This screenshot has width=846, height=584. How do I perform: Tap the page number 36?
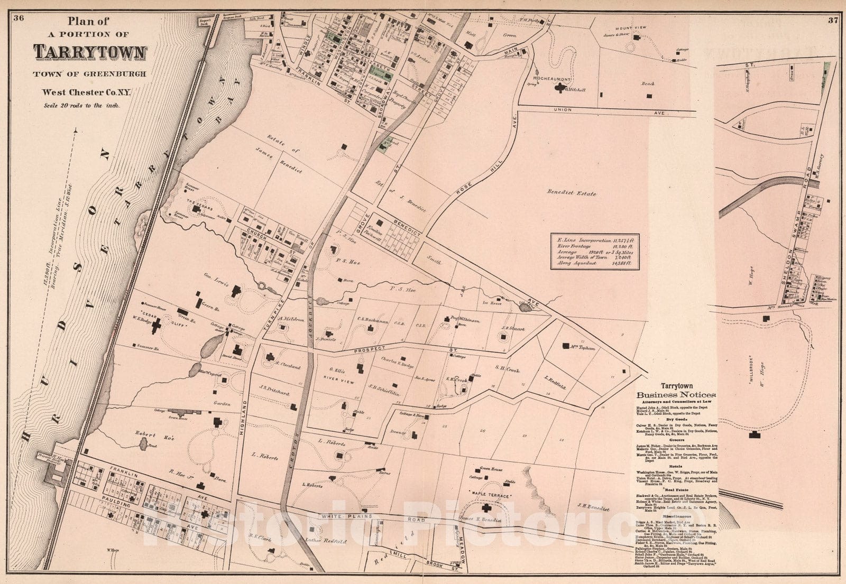pos(19,5)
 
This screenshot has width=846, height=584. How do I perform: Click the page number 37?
pos(832,6)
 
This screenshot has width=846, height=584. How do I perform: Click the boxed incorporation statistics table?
pos(595,252)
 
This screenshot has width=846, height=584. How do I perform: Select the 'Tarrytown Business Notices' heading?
pos(676,391)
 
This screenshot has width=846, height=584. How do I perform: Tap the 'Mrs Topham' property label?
pos(583,348)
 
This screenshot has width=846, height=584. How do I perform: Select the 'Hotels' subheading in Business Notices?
pos(675,466)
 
